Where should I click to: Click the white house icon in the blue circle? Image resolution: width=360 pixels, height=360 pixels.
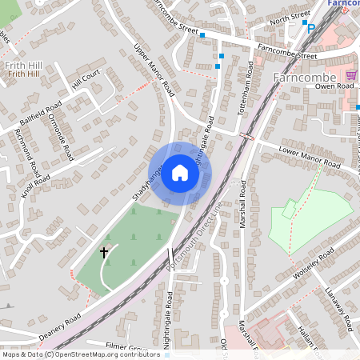tap(180, 173)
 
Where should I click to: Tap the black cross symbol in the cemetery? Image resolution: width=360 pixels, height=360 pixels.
tap(103, 252)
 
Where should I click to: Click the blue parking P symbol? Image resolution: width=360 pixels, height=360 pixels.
tap(311, 28)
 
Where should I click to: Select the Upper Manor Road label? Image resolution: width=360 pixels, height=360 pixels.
tap(154, 70)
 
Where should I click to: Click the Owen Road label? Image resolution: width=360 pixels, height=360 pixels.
tap(334, 86)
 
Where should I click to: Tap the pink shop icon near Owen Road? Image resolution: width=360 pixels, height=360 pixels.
tap(350, 74)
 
